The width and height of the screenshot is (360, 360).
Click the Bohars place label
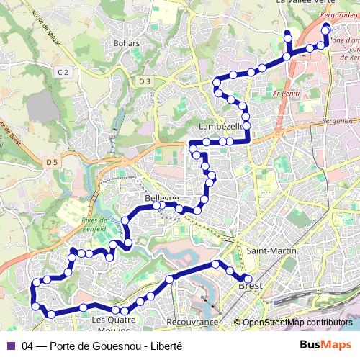[x=126, y=43]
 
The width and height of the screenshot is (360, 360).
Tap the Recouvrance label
[x=192, y=322]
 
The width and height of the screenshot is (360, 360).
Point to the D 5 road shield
[x=50, y=162]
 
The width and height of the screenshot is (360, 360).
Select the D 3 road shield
[x=145, y=81]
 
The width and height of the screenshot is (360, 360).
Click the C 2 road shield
[x=63, y=72]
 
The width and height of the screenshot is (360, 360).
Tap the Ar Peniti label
[x=287, y=94]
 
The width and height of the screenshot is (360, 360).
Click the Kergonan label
[x=341, y=121]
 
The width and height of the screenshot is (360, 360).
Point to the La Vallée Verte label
[x=305, y=3]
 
